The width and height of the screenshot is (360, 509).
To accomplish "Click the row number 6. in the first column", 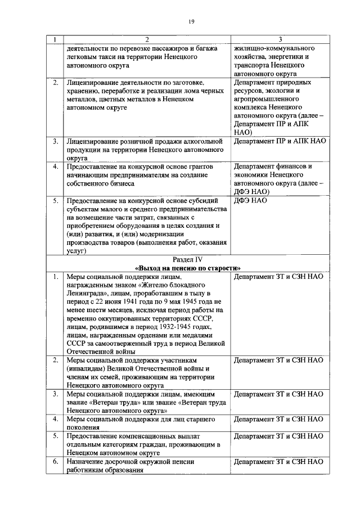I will [55, 461].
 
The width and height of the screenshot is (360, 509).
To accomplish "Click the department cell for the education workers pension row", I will [278, 461].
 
